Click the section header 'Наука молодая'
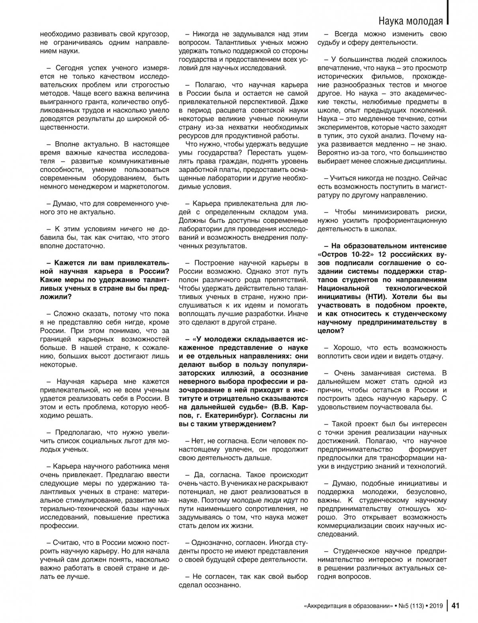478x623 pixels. coord(410,21)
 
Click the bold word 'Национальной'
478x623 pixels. coord(345,288)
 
